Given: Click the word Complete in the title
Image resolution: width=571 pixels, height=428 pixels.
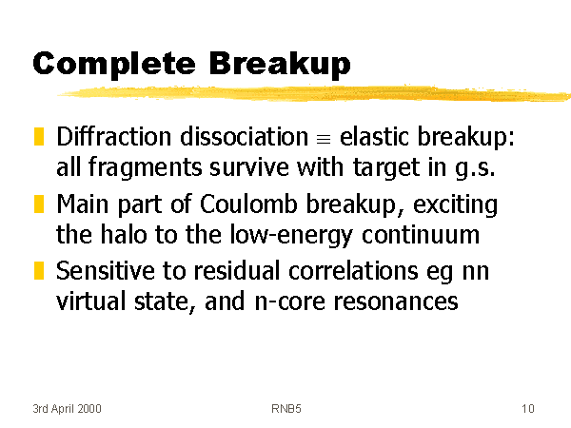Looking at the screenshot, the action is pyautogui.click(x=114, y=65).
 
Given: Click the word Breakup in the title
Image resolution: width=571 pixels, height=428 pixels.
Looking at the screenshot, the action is pyautogui.click(x=280, y=65).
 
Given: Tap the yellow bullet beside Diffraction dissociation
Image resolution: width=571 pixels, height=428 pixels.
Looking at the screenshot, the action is pyautogui.click(x=39, y=136).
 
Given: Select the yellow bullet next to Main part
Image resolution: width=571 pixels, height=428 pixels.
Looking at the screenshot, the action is pyautogui.click(x=39, y=204).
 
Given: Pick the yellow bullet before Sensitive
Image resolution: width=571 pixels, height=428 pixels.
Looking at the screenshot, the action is pyautogui.click(x=39, y=270).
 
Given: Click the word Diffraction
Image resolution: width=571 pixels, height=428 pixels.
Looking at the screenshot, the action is pyautogui.click(x=113, y=136).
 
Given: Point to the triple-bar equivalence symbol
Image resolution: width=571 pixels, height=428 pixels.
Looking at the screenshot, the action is pyautogui.click(x=324, y=139).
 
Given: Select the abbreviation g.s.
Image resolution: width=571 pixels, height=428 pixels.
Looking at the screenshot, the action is pyautogui.click(x=475, y=168).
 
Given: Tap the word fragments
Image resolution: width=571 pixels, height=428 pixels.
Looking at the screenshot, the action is pyautogui.click(x=145, y=168).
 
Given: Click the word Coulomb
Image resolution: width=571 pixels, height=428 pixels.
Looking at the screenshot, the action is pyautogui.click(x=248, y=204).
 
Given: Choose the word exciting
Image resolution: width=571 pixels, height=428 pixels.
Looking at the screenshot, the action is pyautogui.click(x=455, y=204).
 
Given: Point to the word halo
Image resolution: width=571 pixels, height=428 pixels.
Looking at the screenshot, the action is pyautogui.click(x=124, y=234).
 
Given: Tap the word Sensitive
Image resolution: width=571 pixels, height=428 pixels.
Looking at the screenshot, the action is pyautogui.click(x=106, y=271).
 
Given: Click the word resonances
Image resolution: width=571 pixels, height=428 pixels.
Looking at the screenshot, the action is pyautogui.click(x=396, y=302).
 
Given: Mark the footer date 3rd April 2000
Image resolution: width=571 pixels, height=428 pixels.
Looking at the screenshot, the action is pyautogui.click(x=67, y=409).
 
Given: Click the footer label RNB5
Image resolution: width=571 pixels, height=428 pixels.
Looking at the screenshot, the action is pyautogui.click(x=286, y=409).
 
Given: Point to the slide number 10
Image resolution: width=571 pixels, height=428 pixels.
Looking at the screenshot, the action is pyautogui.click(x=527, y=409).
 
